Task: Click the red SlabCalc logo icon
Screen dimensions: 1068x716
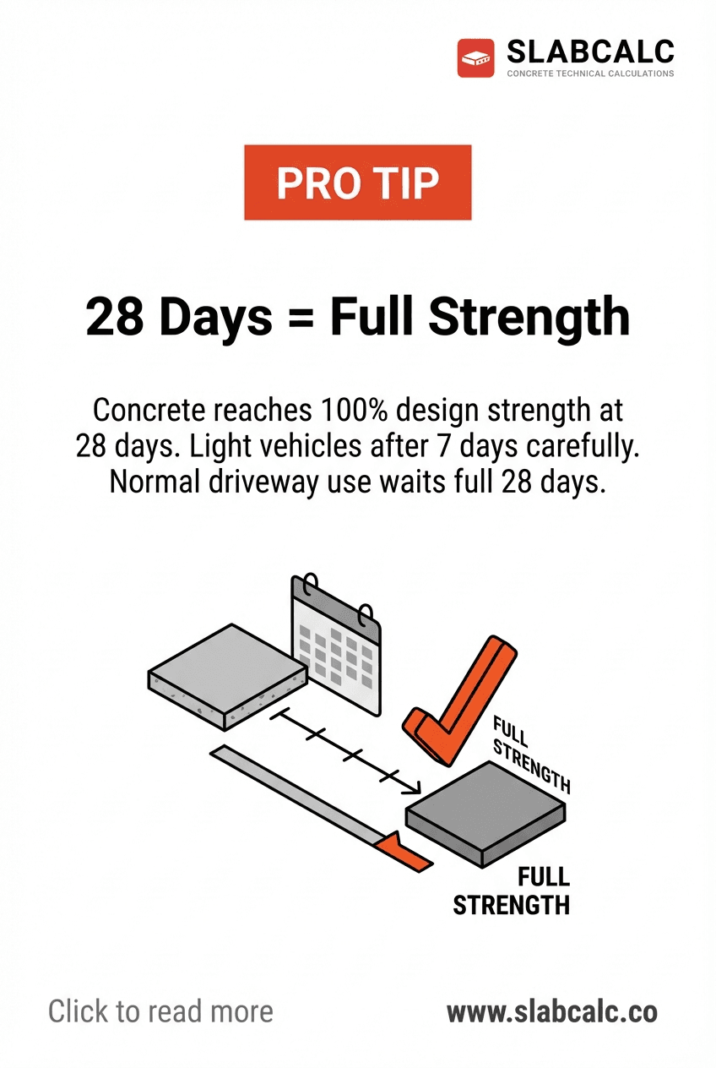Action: [475, 58]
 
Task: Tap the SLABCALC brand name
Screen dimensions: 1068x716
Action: [590, 52]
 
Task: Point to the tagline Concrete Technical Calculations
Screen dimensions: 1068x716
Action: [590, 74]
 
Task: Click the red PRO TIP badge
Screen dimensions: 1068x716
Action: [357, 183]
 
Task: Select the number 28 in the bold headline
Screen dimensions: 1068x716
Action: [115, 317]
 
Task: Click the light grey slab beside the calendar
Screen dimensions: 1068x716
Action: [225, 673]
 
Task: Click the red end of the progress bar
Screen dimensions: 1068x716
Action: [404, 852]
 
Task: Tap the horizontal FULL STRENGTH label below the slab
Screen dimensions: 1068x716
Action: [512, 891]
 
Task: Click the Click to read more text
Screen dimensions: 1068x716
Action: [160, 1011]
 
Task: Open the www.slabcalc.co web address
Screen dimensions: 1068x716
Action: [551, 1011]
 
